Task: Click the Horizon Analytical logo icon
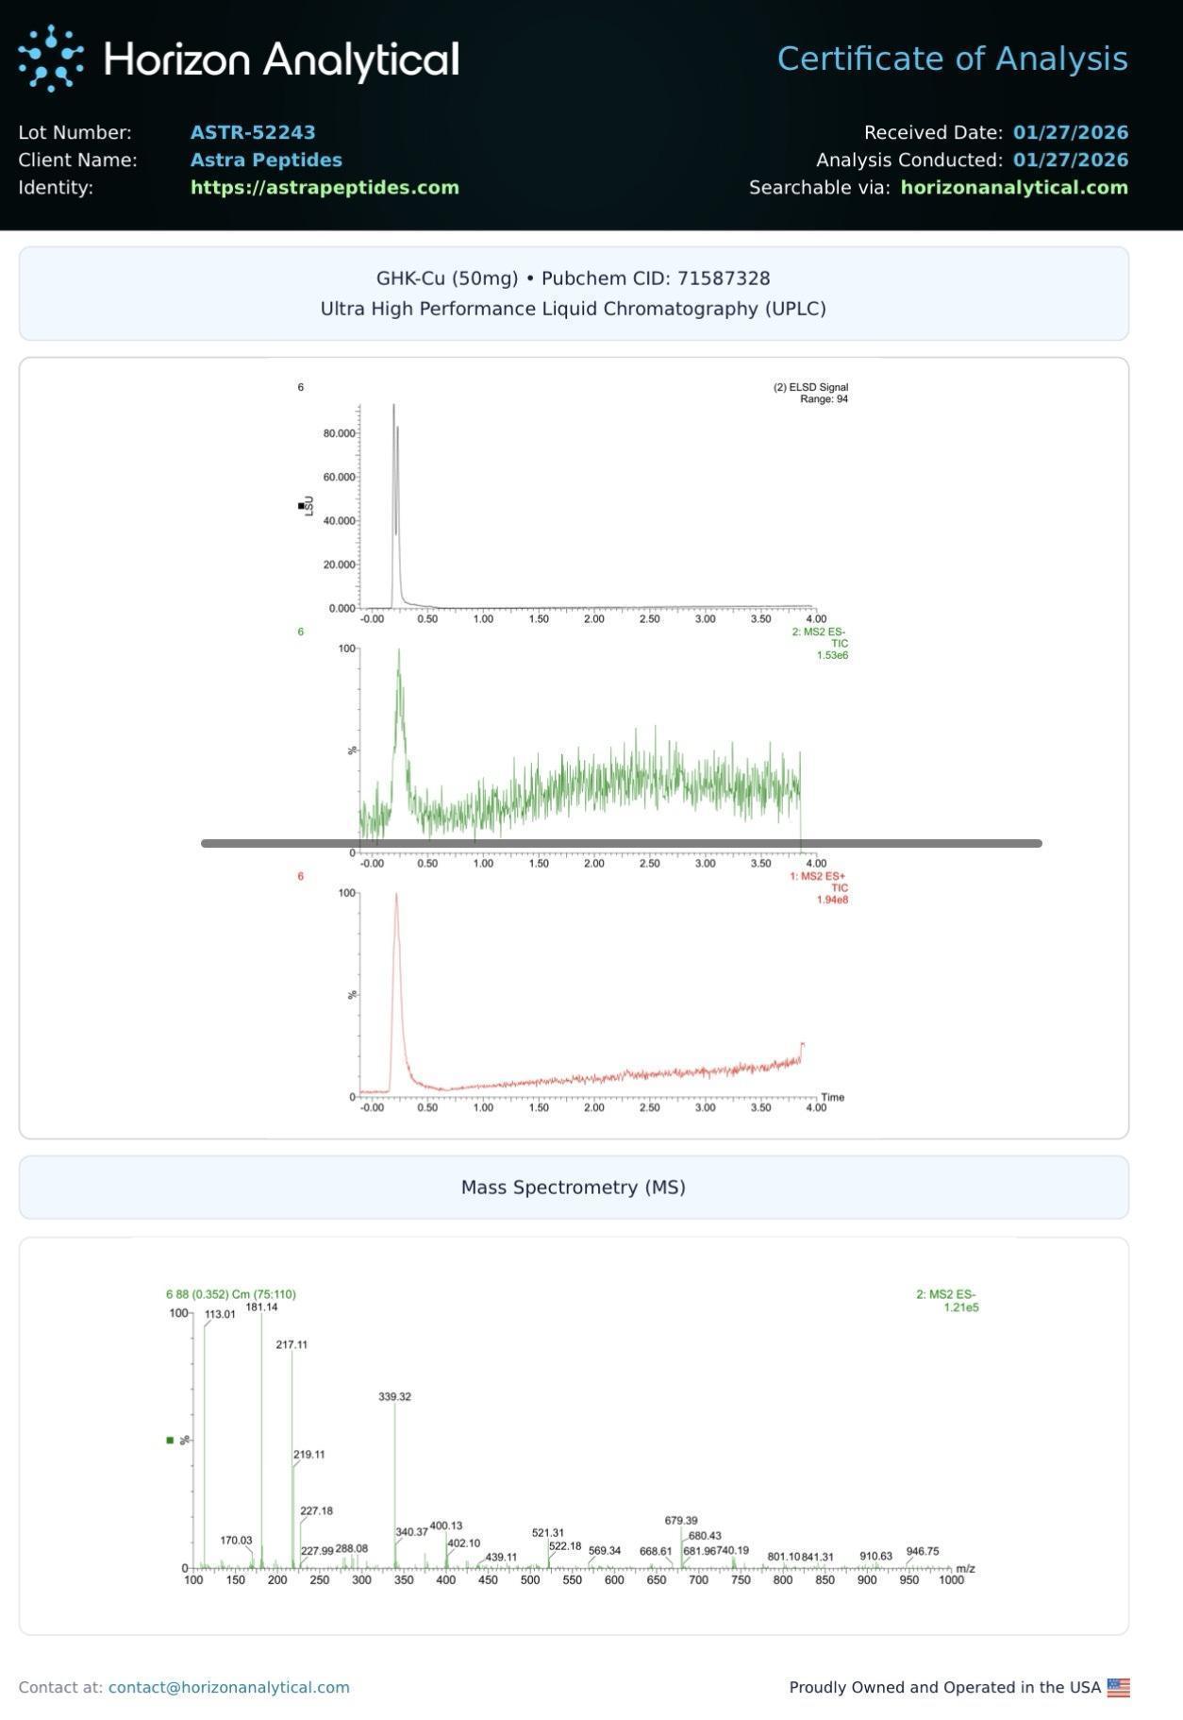(51, 59)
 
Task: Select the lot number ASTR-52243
(253, 132)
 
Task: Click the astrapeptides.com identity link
(325, 187)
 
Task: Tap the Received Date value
(1071, 132)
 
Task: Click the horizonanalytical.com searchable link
(1014, 187)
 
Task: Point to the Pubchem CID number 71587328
(724, 278)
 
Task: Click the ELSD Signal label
(811, 387)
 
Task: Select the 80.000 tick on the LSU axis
(340, 433)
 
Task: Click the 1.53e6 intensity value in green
(832, 655)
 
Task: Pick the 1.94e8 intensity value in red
(832, 900)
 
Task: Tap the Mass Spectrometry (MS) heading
(574, 1187)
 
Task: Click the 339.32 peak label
(394, 1396)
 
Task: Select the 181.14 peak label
(261, 1307)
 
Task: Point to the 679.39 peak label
(681, 1521)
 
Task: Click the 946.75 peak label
(922, 1551)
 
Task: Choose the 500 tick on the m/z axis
(530, 1580)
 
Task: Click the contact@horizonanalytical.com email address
(229, 1687)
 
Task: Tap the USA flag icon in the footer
(1118, 1687)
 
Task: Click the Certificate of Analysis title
(952, 59)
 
